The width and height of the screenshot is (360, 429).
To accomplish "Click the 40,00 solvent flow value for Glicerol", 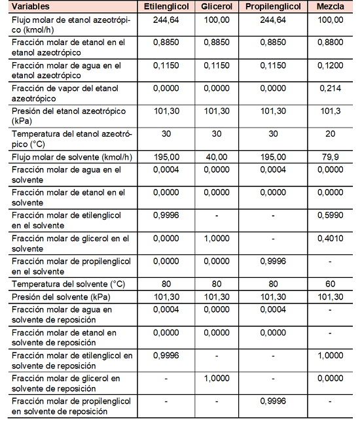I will coord(217,157).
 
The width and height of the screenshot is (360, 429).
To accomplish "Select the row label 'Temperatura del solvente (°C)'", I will coord(67,285).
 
